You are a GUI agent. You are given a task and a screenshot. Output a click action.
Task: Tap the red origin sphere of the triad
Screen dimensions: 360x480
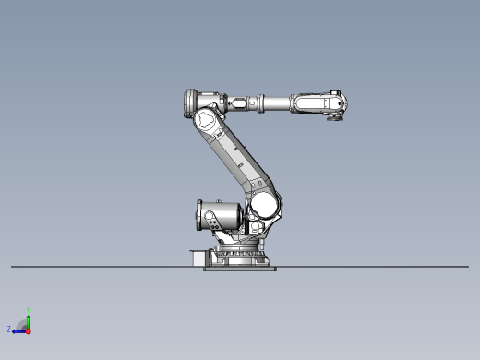(x=28, y=330)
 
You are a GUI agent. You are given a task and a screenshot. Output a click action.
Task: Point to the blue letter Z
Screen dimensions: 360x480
(x=9, y=329)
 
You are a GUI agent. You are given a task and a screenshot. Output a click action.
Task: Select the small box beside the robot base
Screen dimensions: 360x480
(x=196, y=258)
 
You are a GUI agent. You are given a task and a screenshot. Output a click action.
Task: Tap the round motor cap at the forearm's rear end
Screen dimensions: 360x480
(x=190, y=99)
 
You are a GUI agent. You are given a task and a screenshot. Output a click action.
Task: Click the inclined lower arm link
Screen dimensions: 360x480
(x=235, y=157)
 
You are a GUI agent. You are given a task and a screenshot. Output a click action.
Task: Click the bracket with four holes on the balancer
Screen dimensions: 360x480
(x=213, y=222)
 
